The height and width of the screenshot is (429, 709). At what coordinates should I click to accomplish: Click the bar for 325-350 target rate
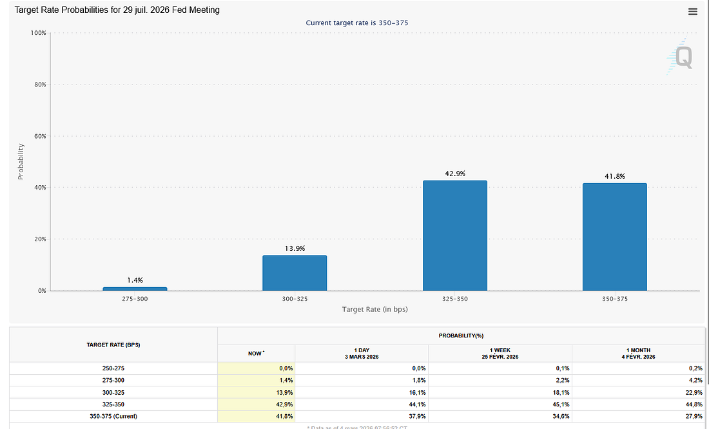[454, 235]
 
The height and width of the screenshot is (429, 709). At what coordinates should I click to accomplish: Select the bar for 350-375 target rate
[614, 237]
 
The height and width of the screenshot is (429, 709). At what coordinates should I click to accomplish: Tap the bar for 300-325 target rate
[295, 273]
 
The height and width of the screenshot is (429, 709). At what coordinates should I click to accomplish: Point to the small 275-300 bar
[135, 288]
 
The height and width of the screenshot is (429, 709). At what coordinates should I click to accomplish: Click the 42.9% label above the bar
[454, 174]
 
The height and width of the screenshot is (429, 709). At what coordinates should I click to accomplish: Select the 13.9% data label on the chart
[295, 248]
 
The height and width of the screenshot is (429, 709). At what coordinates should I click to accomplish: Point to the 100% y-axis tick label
[37, 33]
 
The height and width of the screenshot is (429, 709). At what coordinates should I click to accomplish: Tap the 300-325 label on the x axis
[295, 299]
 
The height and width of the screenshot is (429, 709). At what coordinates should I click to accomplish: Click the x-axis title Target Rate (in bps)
[374, 310]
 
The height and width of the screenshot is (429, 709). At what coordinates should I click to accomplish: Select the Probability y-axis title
[21, 161]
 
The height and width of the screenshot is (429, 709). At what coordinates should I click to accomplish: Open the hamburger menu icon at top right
[693, 12]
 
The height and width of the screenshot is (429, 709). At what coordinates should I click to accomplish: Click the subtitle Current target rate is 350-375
[356, 23]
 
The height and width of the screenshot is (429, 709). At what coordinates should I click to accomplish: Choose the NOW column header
[256, 353]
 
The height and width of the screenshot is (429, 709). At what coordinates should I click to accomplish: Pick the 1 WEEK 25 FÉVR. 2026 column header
[500, 353]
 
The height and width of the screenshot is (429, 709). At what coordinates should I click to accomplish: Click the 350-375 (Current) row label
[113, 416]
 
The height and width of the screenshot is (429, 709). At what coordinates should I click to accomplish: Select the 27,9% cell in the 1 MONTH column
[694, 416]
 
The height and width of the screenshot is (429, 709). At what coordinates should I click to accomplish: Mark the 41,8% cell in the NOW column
[284, 416]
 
